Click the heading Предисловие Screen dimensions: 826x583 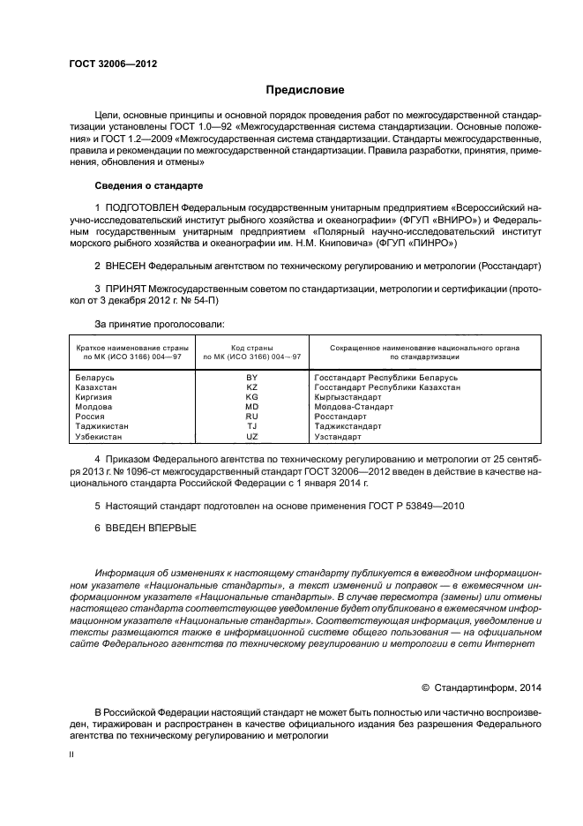(x=305, y=89)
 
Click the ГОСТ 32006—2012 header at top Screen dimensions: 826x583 (x=106, y=64)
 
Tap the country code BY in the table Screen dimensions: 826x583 (x=251, y=377)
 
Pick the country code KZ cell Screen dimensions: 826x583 (x=251, y=387)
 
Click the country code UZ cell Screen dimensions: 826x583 (x=251, y=436)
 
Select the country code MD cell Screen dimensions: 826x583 (x=251, y=406)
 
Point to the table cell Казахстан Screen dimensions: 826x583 (x=96, y=387)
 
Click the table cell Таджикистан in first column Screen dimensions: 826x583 (x=101, y=426)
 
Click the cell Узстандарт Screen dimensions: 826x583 (x=338, y=436)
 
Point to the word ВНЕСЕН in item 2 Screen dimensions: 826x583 (x=125, y=265)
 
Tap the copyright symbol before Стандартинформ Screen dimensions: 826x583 (x=425, y=686)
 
